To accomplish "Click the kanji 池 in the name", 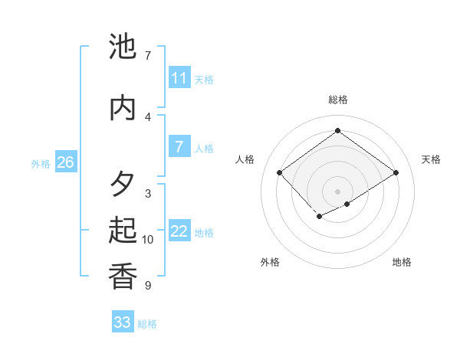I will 123,47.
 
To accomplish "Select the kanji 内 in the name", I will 123,108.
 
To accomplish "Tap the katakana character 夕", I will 123,185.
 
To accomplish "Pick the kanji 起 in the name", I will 123,231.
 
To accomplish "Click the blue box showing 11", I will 179,78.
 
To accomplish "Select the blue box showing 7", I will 179,147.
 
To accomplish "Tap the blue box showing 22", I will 179,231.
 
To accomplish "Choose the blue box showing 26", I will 65,162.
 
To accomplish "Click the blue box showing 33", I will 123,322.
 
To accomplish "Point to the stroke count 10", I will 148,240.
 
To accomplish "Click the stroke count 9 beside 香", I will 147,286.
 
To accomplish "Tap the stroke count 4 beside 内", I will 147,116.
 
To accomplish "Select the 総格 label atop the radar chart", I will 337,100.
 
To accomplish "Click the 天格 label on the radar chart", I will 431,159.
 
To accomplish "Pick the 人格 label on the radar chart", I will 245,159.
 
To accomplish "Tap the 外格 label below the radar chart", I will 270,262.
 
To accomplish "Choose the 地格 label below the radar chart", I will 402,262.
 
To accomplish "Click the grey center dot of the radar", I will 337,191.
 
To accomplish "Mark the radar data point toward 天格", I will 396,172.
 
